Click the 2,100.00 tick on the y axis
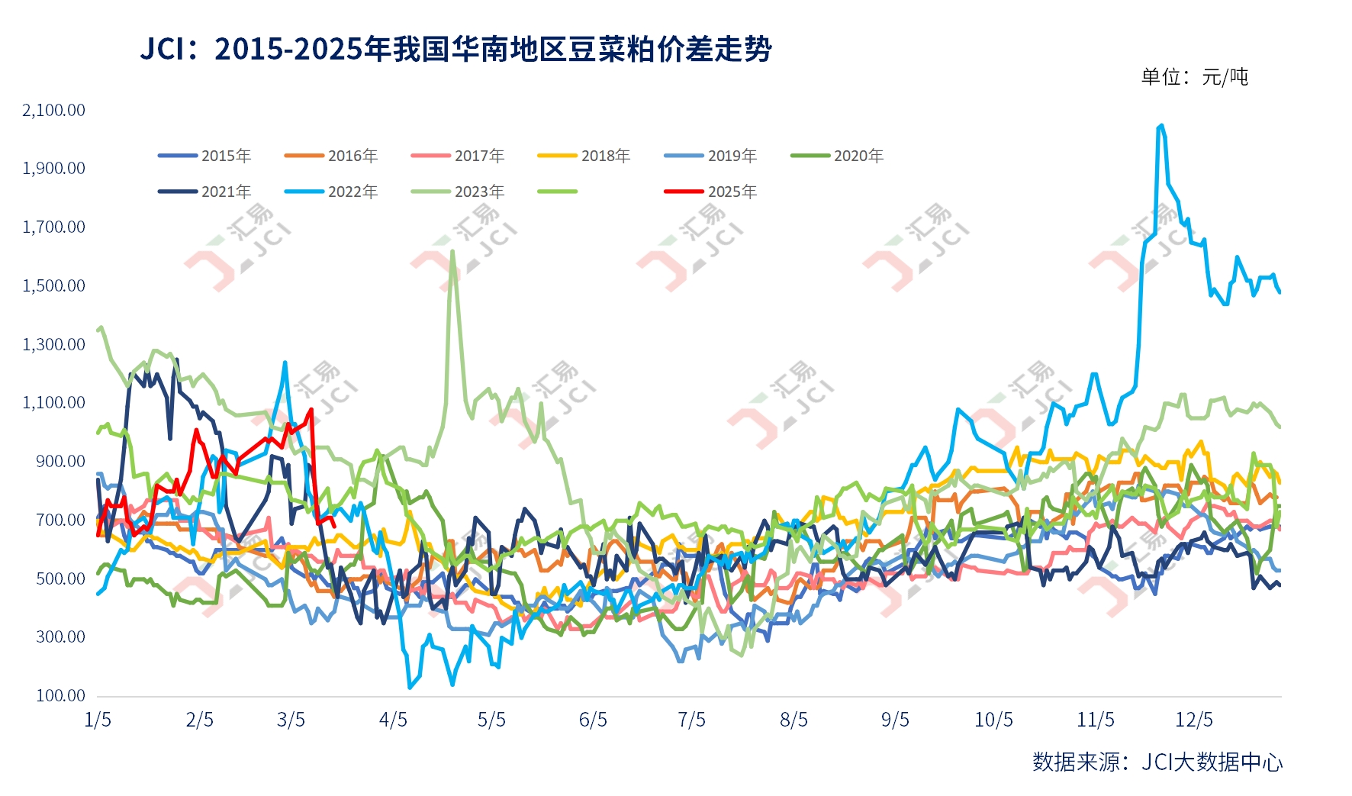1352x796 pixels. (x=54, y=110)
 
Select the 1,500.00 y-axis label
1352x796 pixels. (x=54, y=285)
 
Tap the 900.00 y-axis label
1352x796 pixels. (x=61, y=461)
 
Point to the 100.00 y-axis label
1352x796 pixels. (x=61, y=695)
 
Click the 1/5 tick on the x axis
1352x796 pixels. (x=98, y=720)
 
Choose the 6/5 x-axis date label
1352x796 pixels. (x=593, y=720)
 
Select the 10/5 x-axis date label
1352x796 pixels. (x=993, y=720)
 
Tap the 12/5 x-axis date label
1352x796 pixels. (x=1194, y=720)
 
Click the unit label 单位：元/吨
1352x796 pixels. (x=1194, y=76)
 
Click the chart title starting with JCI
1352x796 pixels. (x=455, y=50)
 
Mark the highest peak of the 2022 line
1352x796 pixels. (x=1160, y=125)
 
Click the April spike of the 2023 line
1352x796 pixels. (x=452, y=251)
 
